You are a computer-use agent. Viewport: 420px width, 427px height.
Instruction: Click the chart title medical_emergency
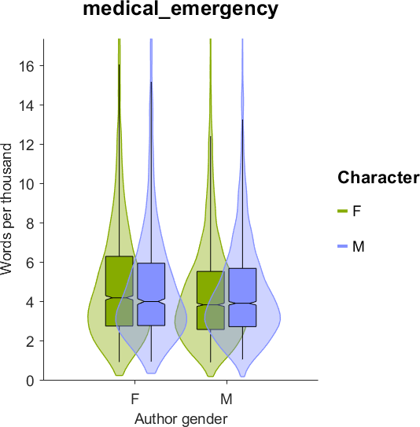click(181, 9)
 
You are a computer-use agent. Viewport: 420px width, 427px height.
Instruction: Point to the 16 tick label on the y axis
click(26, 66)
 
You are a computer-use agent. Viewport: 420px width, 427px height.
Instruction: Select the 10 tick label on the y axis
click(26, 184)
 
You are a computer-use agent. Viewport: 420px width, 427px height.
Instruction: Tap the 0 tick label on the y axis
click(30, 381)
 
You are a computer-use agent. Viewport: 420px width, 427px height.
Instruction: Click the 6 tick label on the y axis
click(30, 263)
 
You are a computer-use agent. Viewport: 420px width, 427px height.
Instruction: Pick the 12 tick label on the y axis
click(26, 145)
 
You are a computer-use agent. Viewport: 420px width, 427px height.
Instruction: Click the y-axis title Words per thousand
click(6, 209)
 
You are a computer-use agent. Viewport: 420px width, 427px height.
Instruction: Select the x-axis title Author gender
click(181, 419)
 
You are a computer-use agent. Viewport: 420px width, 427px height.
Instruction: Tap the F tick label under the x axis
click(135, 399)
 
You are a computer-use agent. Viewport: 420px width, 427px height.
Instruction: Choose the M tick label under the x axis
click(227, 399)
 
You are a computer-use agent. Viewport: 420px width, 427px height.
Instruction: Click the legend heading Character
click(378, 178)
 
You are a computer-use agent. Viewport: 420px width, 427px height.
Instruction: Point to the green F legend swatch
click(342, 211)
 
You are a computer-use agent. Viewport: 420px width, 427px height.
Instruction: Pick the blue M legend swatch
click(342, 246)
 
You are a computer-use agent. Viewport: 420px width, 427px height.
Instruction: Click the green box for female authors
click(120, 291)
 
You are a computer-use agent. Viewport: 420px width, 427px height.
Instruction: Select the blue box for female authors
click(151, 294)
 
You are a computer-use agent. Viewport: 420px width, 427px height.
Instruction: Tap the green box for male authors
click(211, 300)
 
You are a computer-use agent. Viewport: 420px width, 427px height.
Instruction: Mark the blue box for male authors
click(242, 297)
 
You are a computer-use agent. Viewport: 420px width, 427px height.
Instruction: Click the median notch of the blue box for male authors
click(242, 303)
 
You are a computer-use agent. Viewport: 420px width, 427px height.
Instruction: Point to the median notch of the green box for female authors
click(120, 297)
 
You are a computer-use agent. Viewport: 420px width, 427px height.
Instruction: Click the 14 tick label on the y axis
click(26, 105)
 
